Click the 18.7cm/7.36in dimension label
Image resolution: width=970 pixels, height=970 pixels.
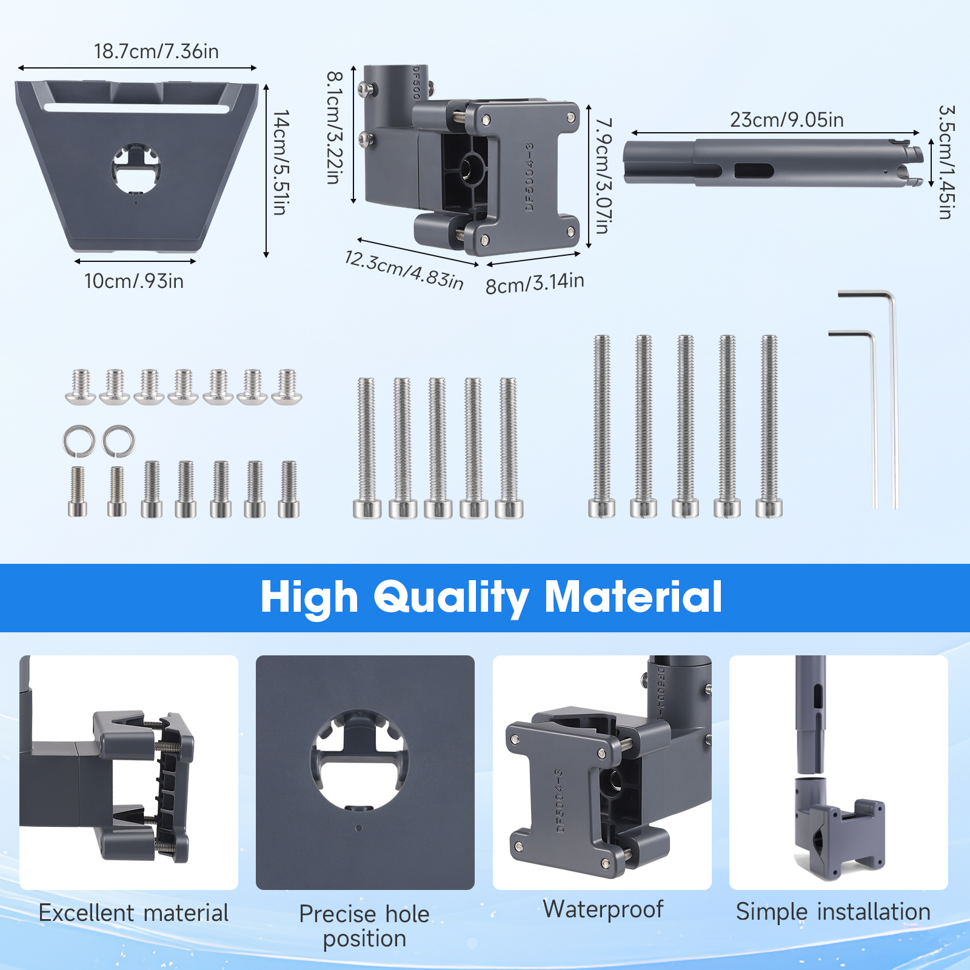coord(156,52)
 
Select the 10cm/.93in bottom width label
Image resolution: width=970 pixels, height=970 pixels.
coord(134,281)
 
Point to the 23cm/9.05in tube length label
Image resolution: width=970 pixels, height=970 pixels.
coord(786,120)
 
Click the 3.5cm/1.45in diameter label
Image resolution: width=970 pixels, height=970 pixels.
coord(946,162)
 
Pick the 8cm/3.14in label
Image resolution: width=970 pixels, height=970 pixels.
coord(535,283)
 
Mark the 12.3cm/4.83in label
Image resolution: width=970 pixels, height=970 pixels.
coord(404,270)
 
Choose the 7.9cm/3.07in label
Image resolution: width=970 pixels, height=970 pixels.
coord(604,176)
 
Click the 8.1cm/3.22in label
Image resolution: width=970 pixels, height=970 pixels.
coord(335,128)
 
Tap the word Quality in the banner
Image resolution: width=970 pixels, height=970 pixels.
coord(451,598)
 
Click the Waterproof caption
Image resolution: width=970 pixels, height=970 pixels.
coord(603,909)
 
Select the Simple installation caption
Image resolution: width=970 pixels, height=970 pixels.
coord(833,912)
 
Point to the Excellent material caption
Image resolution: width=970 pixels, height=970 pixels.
coord(133,913)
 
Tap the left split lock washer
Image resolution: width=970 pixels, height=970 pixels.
coord(79,441)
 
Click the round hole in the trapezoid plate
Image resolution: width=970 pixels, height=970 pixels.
coord(136,169)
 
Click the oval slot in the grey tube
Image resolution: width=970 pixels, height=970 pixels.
coord(754,171)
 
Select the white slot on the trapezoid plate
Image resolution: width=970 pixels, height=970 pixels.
coord(136,109)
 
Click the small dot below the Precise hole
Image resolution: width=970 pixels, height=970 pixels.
coord(359,828)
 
